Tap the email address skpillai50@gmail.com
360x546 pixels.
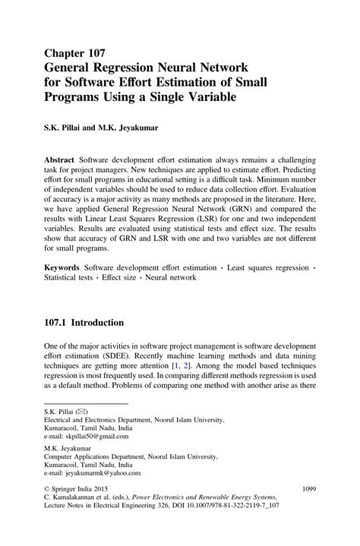(x=86, y=437)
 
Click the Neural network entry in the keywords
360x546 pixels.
(x=169, y=278)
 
